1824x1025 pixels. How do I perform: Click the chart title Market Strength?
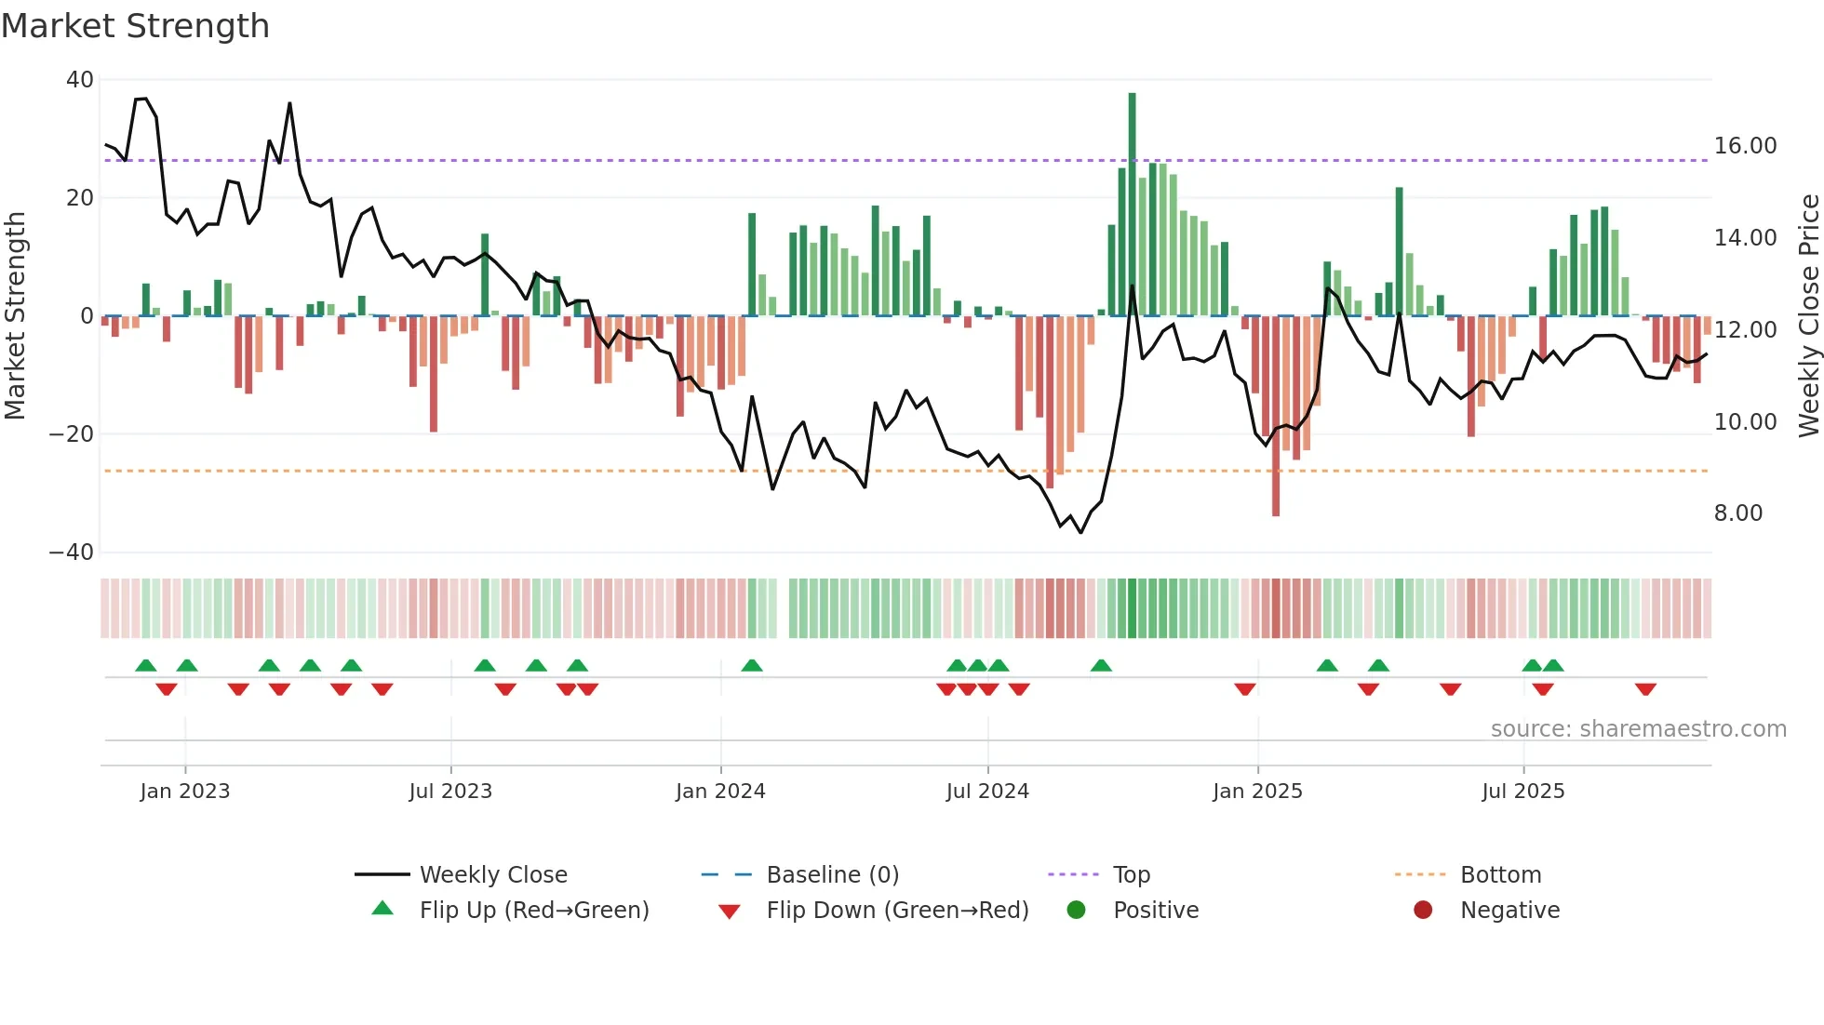point(135,26)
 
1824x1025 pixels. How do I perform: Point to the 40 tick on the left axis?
point(80,80)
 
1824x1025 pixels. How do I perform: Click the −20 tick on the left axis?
point(72,434)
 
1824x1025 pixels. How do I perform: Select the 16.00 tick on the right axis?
point(1745,146)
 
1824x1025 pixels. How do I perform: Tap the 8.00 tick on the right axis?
point(1737,513)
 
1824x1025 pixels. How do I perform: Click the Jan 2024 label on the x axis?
point(720,792)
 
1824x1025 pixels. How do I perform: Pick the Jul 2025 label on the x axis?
point(1522,792)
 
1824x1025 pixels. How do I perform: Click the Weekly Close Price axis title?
point(1808,316)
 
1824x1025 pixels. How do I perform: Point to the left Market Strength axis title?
point(16,316)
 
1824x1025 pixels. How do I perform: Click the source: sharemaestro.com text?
point(1638,729)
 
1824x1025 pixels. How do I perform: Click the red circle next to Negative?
point(1423,910)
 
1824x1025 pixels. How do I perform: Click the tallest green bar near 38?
point(1132,205)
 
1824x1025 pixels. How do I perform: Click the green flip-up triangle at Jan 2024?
point(752,665)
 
